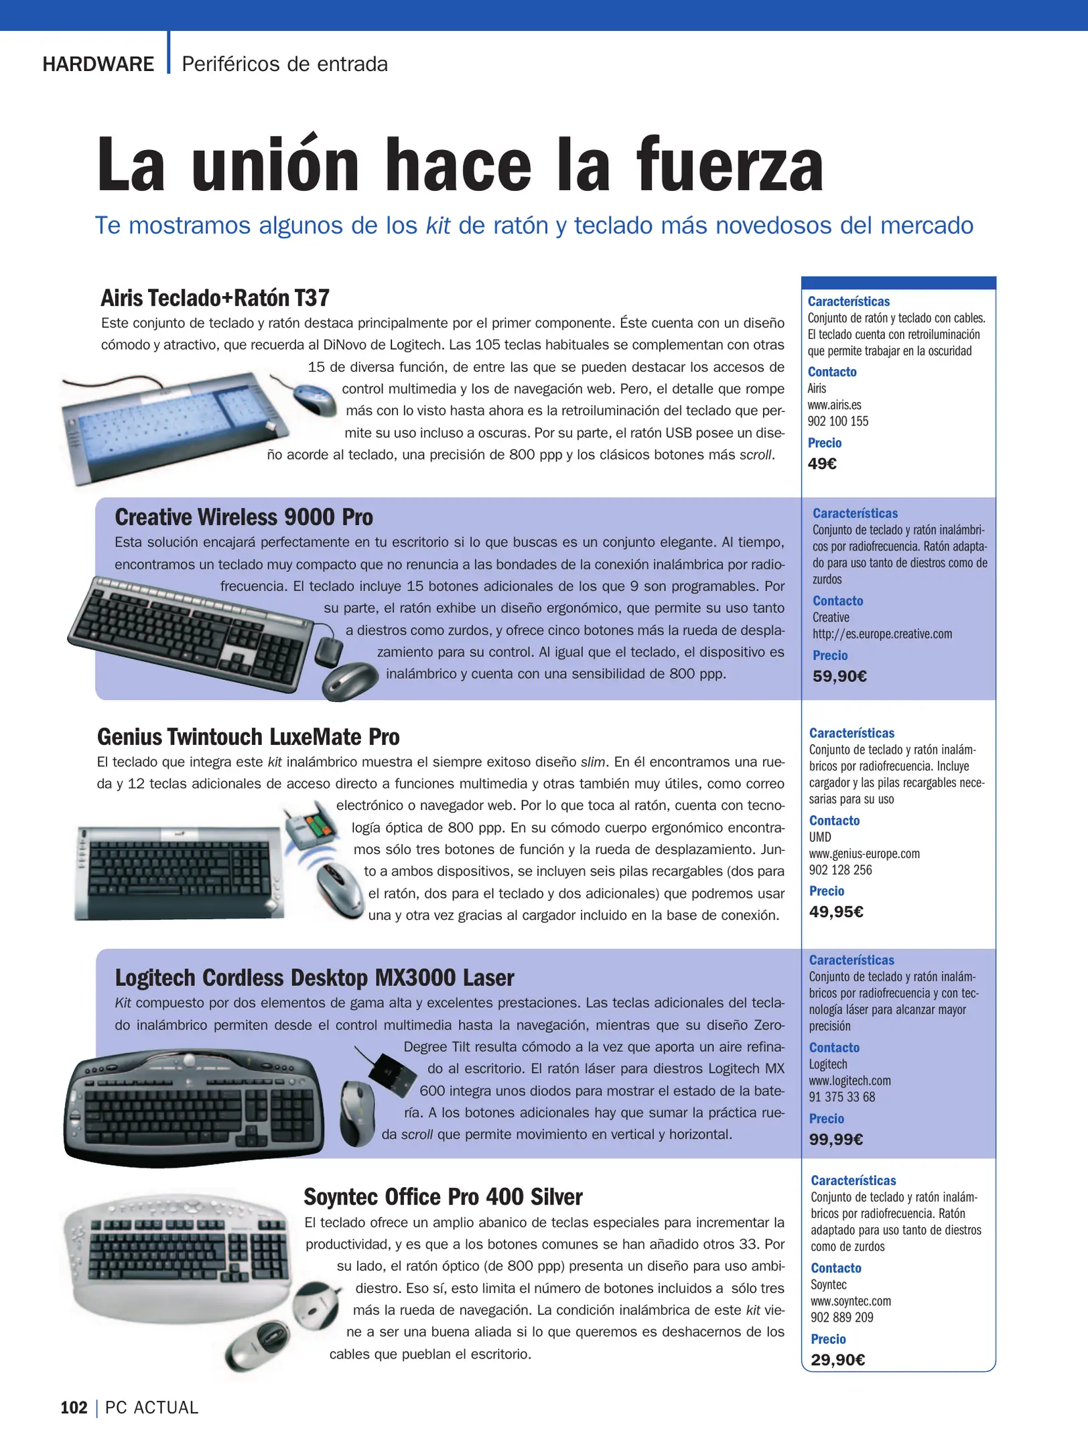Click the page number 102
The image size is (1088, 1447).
[x=74, y=1407]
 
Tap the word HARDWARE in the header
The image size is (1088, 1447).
[x=98, y=64]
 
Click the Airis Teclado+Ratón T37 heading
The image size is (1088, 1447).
[x=215, y=298]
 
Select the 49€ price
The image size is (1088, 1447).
[x=822, y=464]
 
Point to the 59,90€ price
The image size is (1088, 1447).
[x=839, y=676]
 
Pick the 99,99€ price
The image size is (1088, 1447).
[x=835, y=1139]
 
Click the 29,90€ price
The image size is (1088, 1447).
[x=837, y=1359]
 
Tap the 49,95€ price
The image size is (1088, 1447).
[x=836, y=912]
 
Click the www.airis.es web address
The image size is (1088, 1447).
[x=834, y=405]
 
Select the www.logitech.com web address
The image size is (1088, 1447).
[x=849, y=1081]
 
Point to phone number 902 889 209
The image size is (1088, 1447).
[x=841, y=1317]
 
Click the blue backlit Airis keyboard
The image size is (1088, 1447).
[x=171, y=426]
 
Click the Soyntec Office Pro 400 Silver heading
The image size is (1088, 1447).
[x=443, y=1197]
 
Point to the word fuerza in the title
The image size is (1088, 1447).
[x=730, y=166]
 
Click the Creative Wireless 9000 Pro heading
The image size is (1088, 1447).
[x=244, y=517]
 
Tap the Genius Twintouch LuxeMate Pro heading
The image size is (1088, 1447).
[x=248, y=737]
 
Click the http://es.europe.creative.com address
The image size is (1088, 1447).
[x=882, y=634]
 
